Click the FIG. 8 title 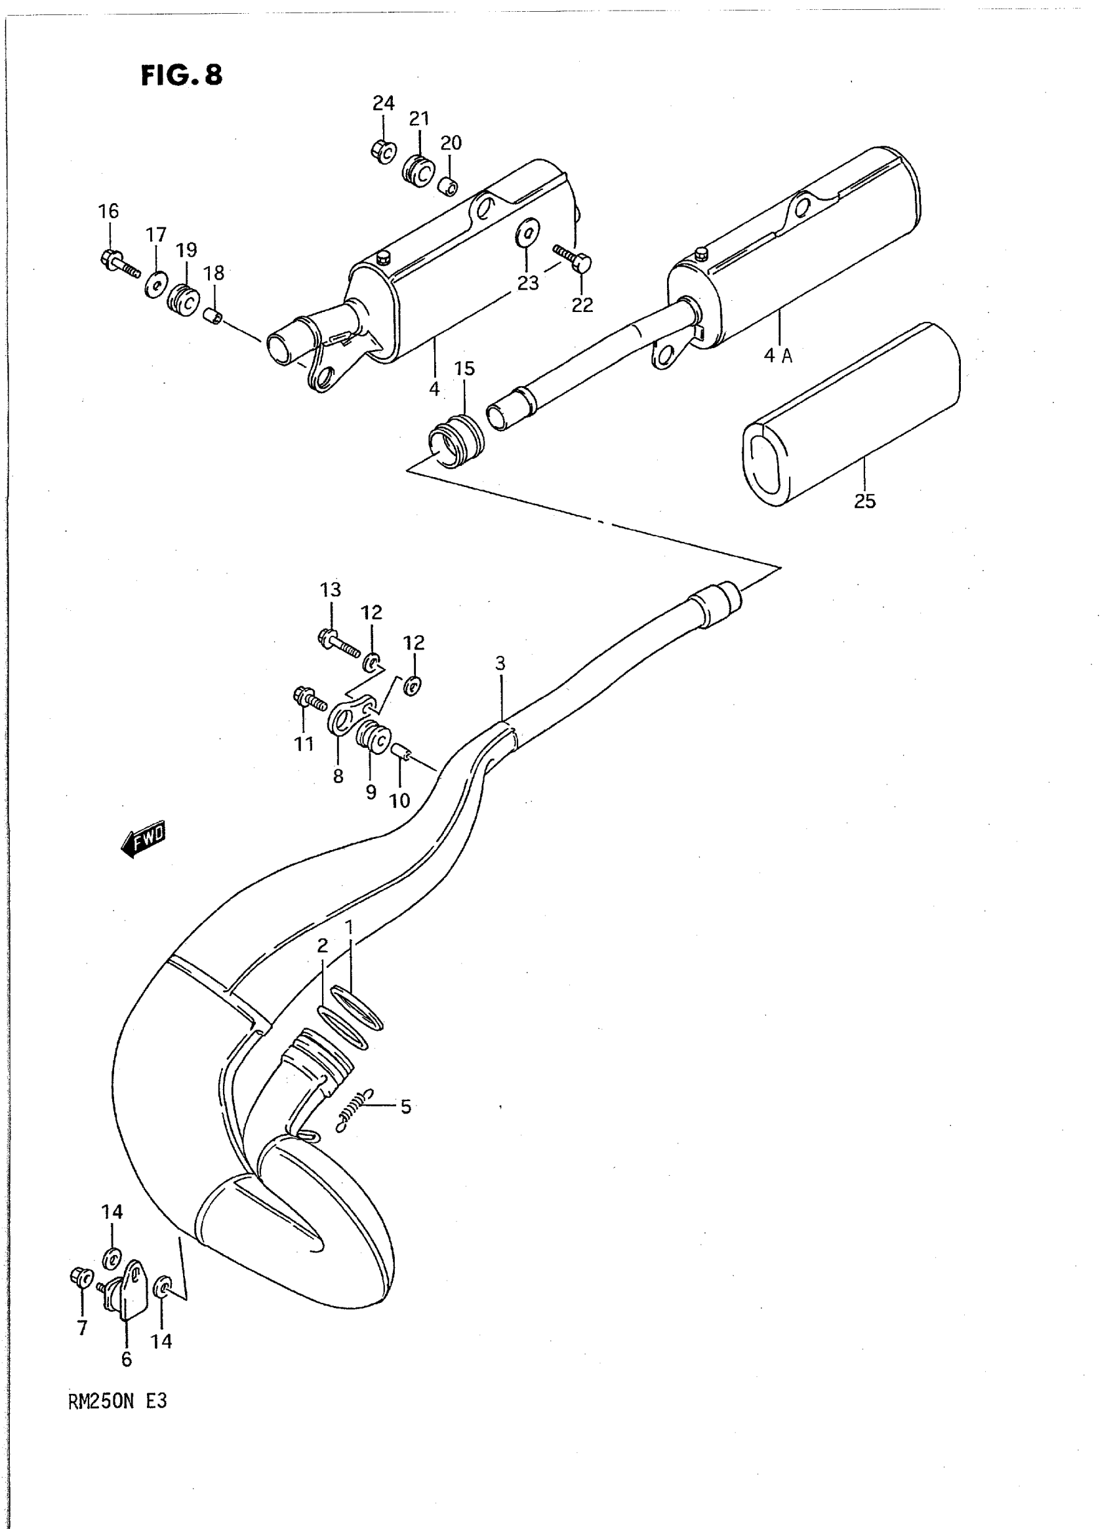tap(181, 75)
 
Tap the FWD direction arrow tap(143, 840)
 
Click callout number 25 tap(864, 501)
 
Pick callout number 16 tap(108, 211)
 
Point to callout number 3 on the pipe tap(500, 664)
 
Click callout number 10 tap(399, 800)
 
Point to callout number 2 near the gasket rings tap(322, 946)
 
